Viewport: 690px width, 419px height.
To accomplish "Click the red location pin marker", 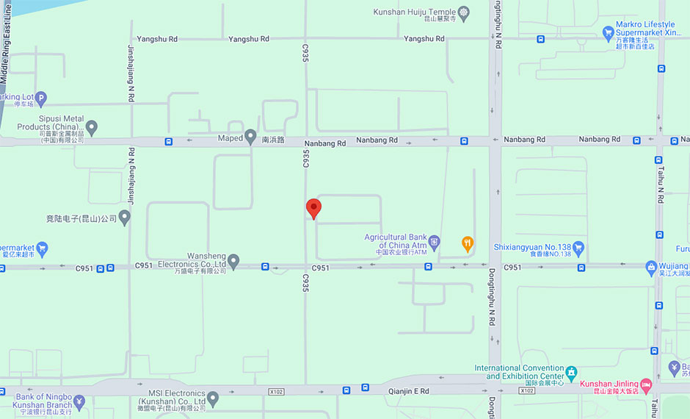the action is pos(313,208).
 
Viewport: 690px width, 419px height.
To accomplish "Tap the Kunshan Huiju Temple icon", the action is pos(463,12).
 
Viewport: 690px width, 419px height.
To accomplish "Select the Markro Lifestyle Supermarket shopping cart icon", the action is pos(608,32).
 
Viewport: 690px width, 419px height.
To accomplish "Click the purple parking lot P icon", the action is pos(41,97).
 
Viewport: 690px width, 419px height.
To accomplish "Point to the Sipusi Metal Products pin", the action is pos(92,128).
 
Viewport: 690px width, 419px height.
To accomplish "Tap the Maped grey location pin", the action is pos(250,137).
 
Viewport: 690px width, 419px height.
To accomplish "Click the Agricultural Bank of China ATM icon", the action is pos(435,241).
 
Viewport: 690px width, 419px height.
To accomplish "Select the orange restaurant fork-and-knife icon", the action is pos(467,243).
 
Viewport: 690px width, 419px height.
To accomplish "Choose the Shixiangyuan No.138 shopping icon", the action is pos(578,246).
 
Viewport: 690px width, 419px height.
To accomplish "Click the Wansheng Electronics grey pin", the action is pos(233,259).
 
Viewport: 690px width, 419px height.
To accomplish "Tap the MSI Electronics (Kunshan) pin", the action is pos(213,398).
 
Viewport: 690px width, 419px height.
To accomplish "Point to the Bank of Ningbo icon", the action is pos(79,401).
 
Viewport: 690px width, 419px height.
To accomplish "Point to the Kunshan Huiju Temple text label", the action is pos(414,12).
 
